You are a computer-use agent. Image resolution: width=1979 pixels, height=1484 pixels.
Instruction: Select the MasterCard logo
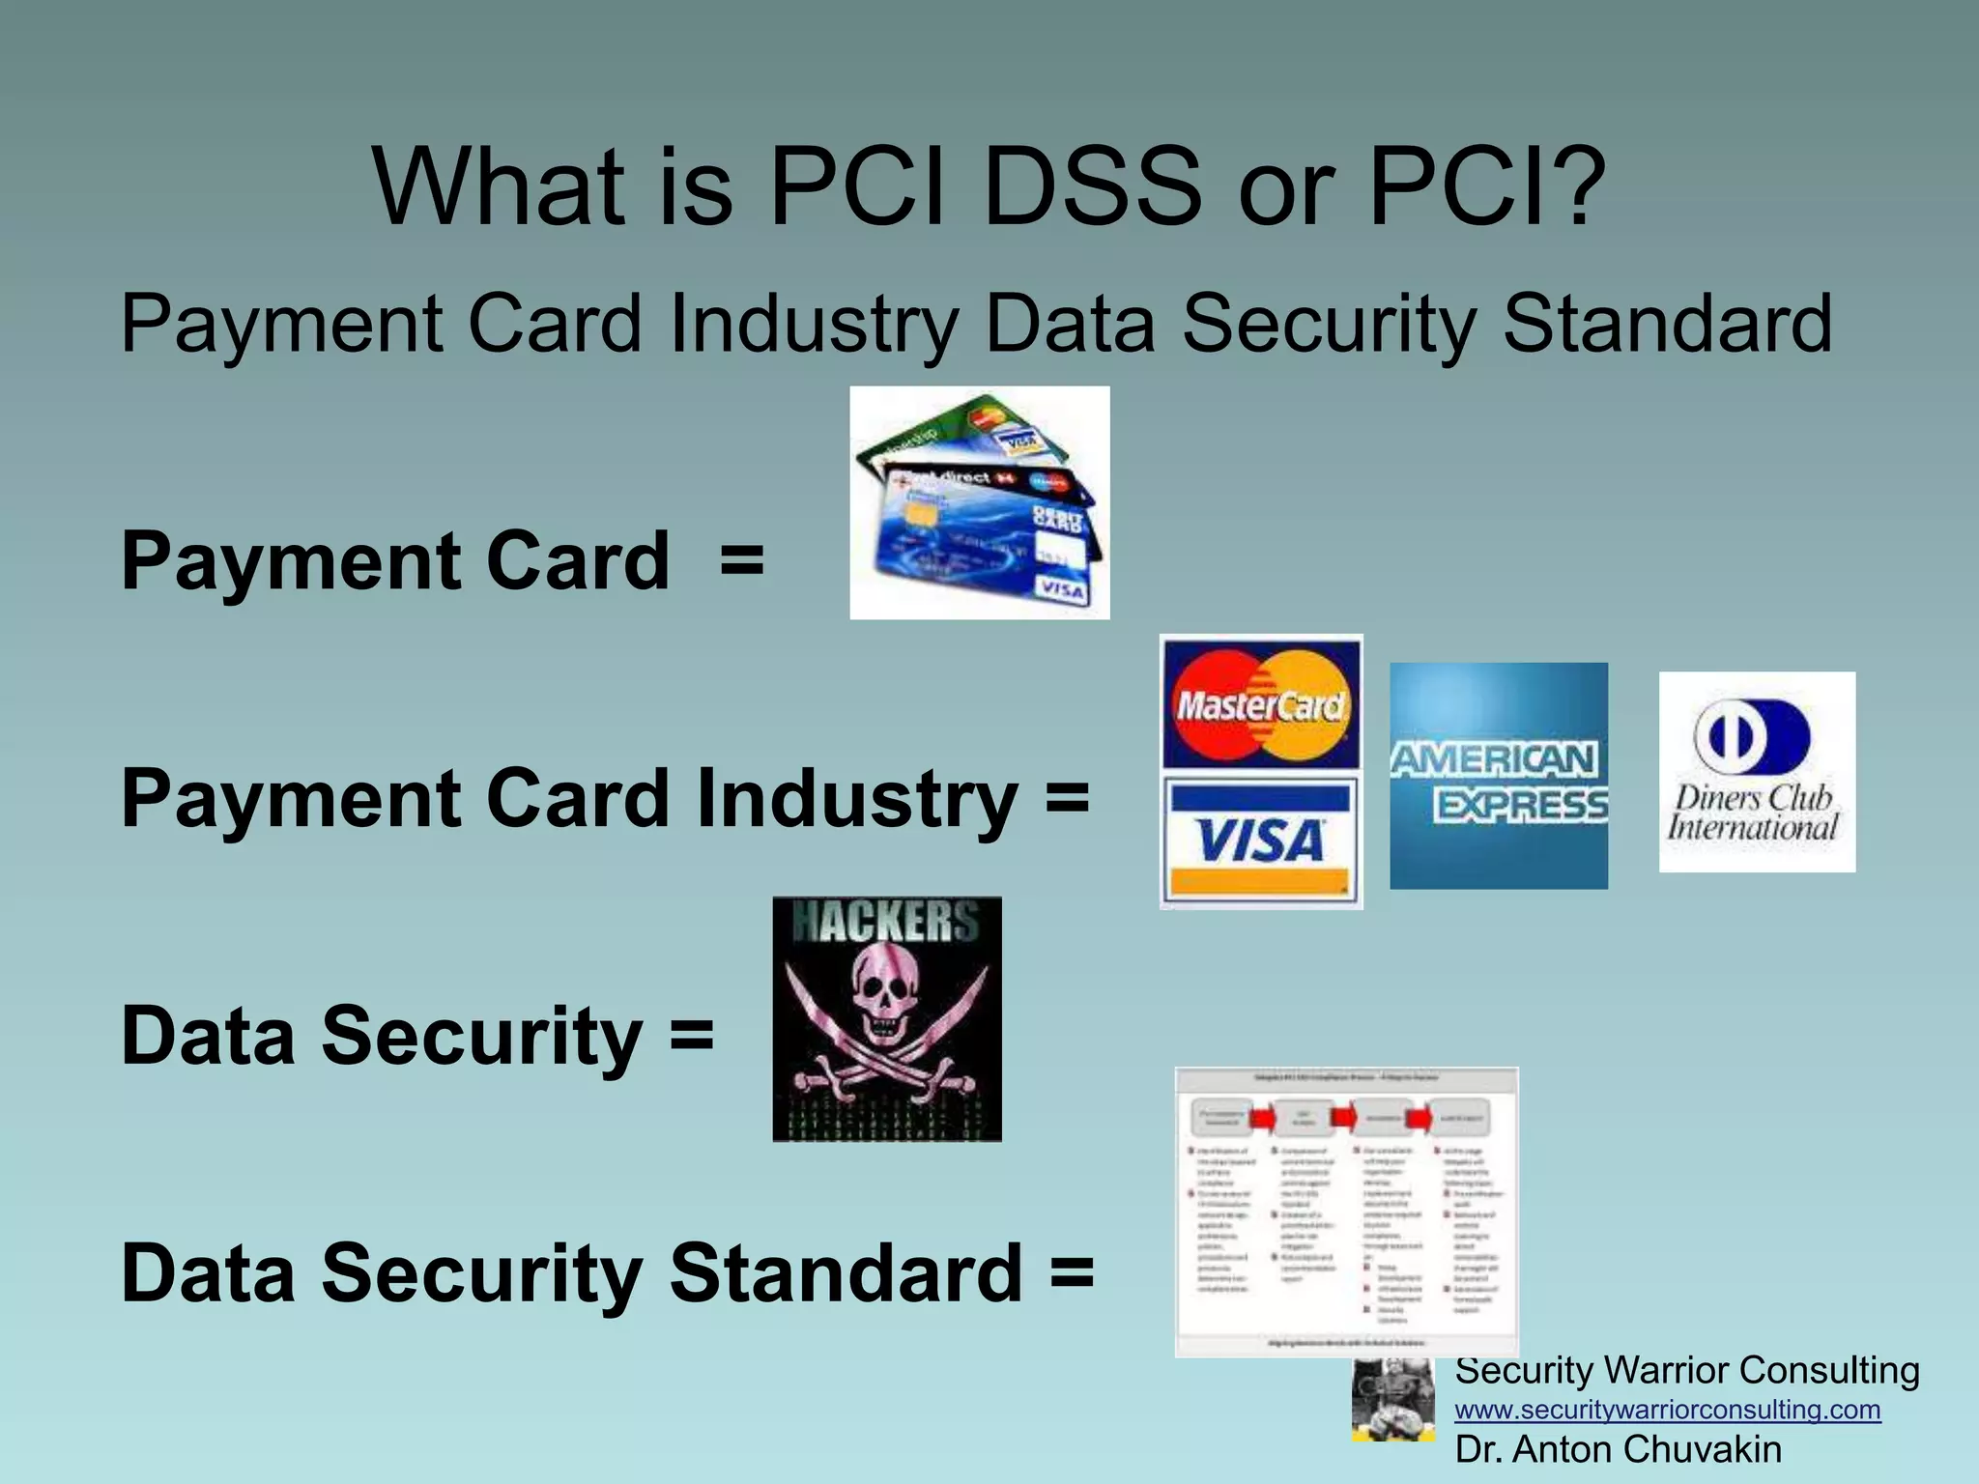(1261, 702)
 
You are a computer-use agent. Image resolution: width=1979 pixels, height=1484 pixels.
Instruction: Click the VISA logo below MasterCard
(1260, 839)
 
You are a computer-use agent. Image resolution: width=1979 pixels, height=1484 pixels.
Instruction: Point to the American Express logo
(1499, 776)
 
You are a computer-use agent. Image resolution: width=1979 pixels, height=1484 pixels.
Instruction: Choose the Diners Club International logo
(1757, 772)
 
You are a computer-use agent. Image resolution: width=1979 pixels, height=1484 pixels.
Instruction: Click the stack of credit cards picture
(979, 502)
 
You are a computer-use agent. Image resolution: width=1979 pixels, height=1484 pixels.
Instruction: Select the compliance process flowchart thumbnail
(1346, 1212)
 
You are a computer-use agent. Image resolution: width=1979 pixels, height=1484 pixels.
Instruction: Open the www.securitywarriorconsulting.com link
(1668, 1410)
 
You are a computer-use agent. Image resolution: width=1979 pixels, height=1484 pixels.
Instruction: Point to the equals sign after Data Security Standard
(1072, 1273)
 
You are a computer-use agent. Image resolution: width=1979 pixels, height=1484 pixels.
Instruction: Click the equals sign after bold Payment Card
(741, 561)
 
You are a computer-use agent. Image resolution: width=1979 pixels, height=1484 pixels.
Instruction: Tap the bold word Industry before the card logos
(857, 799)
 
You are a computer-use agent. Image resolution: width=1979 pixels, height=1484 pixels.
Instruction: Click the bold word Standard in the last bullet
(846, 1273)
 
